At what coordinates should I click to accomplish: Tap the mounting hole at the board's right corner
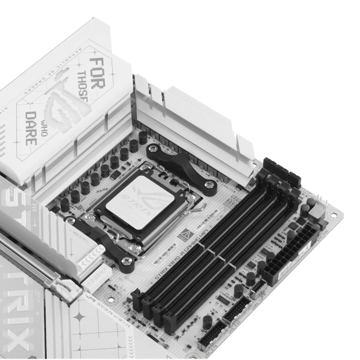tap(332, 214)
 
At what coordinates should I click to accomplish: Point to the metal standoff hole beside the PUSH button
tap(110, 298)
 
